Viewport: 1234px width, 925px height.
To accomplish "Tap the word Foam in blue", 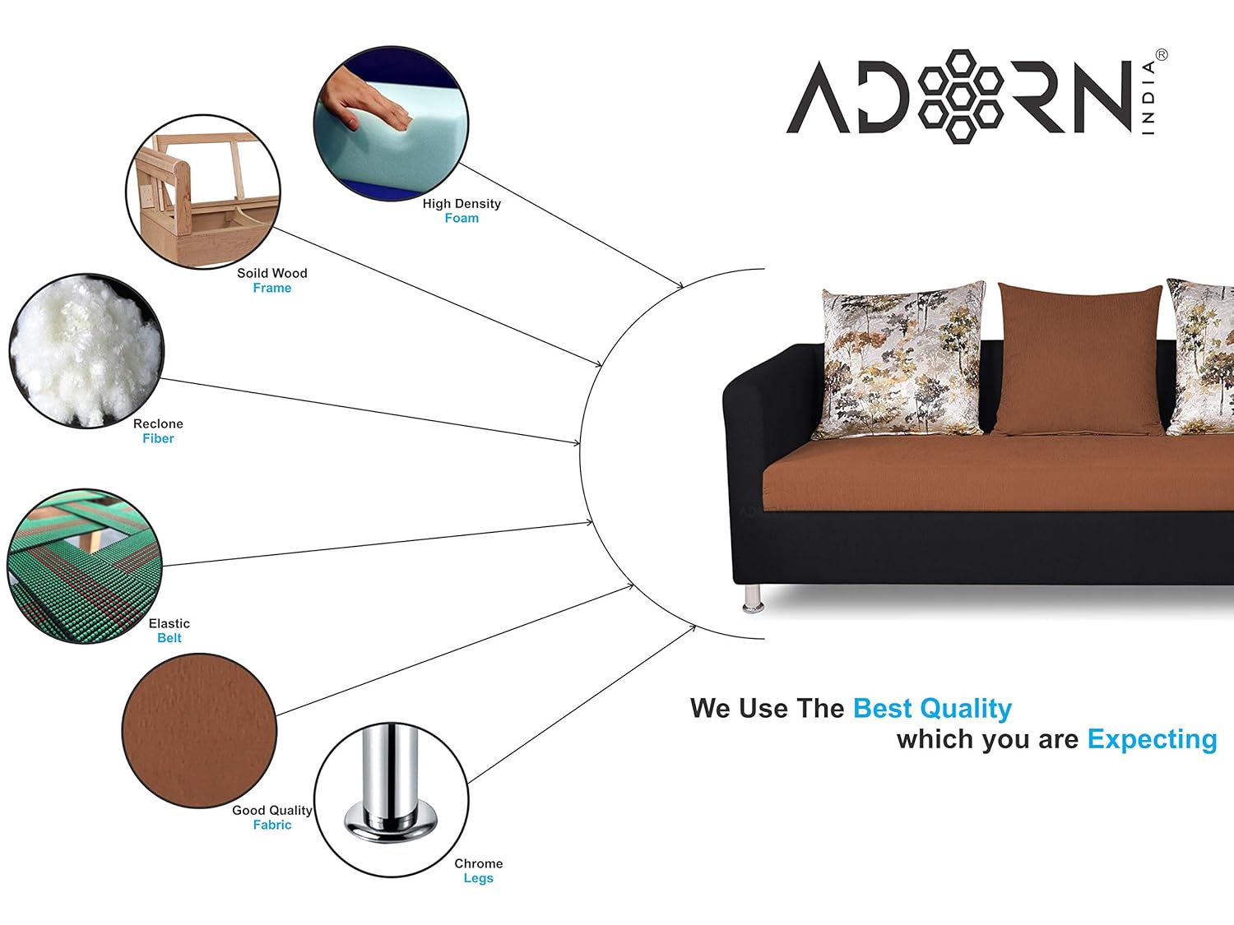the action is point(462,218).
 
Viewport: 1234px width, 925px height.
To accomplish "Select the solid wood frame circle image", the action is point(203,192).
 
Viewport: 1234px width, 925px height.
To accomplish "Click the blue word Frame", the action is point(272,288).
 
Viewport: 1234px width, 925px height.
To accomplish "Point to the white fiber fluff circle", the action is point(86,351).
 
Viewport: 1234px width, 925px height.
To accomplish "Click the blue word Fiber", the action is point(158,438).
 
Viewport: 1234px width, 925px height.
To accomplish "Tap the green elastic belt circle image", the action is point(85,567).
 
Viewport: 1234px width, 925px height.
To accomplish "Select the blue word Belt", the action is point(169,638).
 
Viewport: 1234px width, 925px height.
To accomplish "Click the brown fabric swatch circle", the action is point(200,731).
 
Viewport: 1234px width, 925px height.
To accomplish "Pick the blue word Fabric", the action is point(272,825).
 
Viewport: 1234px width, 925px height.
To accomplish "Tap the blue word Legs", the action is point(479,878).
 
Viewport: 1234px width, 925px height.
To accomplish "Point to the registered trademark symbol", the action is point(1162,55).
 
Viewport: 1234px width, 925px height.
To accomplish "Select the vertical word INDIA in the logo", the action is point(1148,98).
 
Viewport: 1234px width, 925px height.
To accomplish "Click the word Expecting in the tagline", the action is point(1152,739).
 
